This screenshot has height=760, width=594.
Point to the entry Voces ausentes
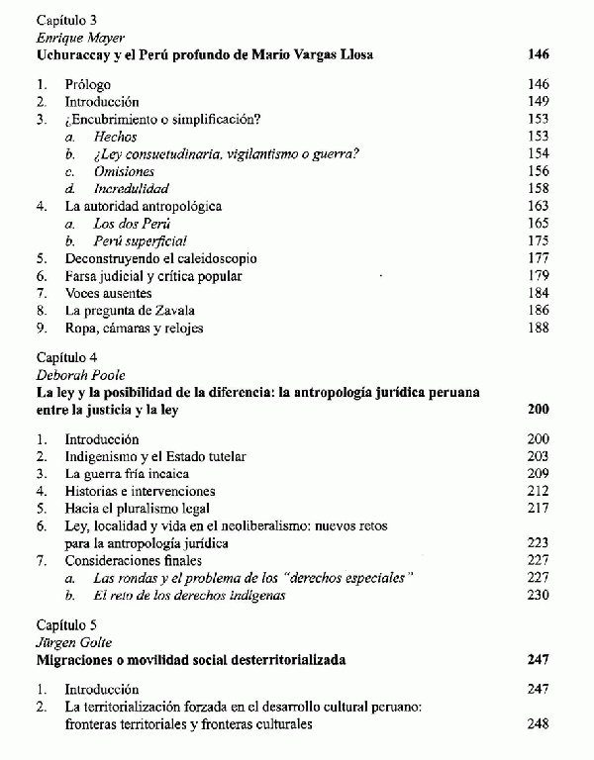108,293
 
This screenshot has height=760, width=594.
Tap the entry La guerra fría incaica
127,474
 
